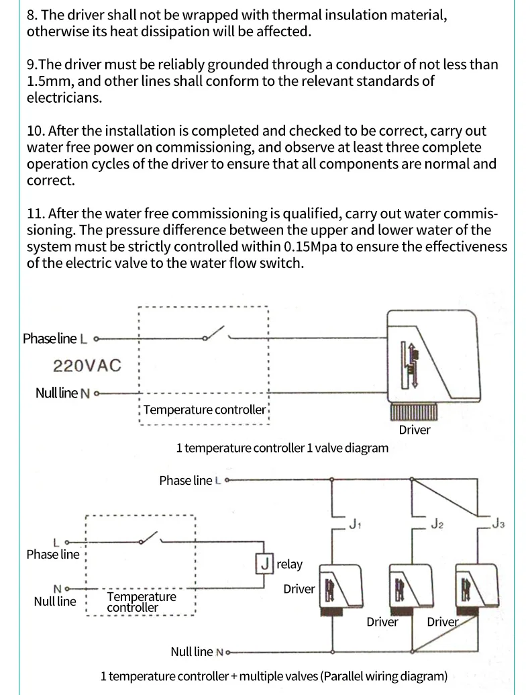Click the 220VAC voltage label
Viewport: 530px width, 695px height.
87,366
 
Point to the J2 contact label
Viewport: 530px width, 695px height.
437,522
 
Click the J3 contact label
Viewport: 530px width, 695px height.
498,523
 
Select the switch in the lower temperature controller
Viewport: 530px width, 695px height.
149,539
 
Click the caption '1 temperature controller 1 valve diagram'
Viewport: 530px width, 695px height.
282,448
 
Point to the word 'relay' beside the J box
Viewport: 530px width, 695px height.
289,565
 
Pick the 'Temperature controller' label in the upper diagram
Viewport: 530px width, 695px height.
205,410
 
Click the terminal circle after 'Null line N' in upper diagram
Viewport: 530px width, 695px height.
97,393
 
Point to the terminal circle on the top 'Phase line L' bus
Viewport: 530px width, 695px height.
227,480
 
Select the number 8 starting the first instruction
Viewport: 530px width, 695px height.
31,14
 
